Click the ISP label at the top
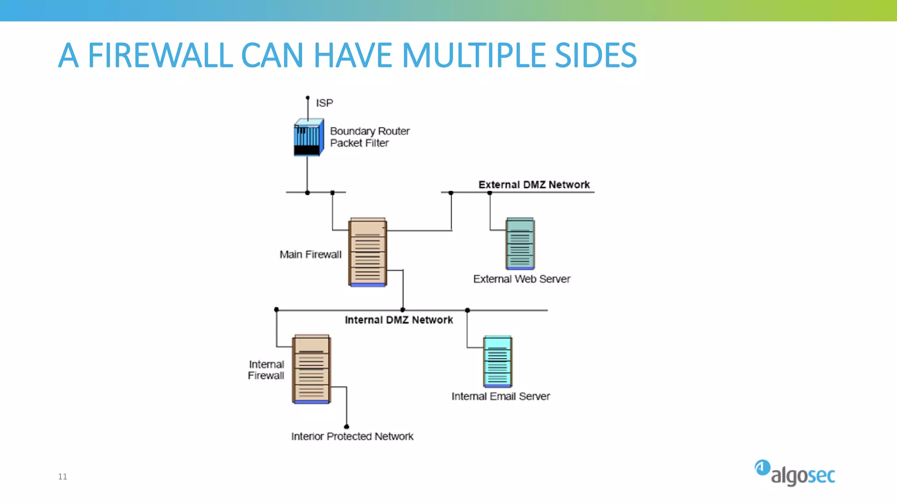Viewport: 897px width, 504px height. pyautogui.click(x=324, y=103)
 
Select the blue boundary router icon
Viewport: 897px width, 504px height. pyautogui.click(x=308, y=137)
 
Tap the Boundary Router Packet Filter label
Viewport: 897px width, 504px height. pyautogui.click(x=369, y=137)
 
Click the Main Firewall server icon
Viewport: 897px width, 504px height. pyautogui.click(x=367, y=252)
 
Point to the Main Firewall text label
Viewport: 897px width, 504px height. pyautogui.click(x=310, y=254)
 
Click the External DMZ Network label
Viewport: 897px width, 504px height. pyautogui.click(x=533, y=185)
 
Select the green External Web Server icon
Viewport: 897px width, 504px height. pyautogui.click(x=520, y=243)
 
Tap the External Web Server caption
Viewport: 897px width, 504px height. pyautogui.click(x=521, y=279)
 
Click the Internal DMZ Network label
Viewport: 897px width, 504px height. pyautogui.click(x=399, y=320)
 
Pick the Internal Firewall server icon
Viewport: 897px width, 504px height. pyautogui.click(x=311, y=369)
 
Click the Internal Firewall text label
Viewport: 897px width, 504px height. pyautogui.click(x=266, y=370)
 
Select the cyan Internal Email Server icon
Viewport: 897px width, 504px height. pyautogui.click(x=498, y=361)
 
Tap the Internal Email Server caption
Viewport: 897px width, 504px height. pyautogui.click(x=500, y=396)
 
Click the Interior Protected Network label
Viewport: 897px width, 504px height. pyautogui.click(x=352, y=436)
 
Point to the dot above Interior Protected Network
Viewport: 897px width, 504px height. pyautogui.click(x=346, y=426)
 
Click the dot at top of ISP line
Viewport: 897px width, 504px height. pyautogui.click(x=307, y=98)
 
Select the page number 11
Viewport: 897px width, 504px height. pyautogui.click(x=63, y=476)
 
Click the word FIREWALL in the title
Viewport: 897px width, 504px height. pyautogui.click(x=160, y=56)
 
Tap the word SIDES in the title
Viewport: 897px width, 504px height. pyautogui.click(x=595, y=56)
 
